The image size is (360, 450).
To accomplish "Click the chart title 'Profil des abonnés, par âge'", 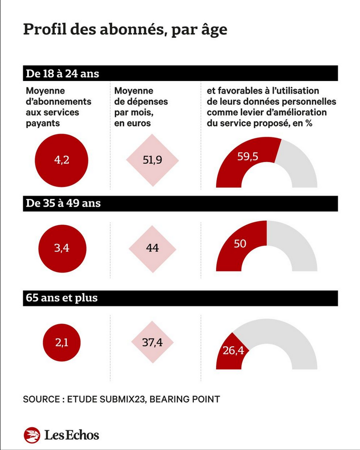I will coord(125,29).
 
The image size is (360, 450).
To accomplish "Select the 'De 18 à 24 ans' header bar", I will coord(180,74).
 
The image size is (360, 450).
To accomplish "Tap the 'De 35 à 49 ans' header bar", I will coord(180,203).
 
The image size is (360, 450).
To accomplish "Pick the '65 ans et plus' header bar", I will coord(180,298).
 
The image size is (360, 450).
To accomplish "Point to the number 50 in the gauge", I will coord(240,244).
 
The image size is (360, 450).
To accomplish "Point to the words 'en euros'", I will coord(132,123).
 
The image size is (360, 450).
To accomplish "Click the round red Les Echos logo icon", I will coord(32,435).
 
